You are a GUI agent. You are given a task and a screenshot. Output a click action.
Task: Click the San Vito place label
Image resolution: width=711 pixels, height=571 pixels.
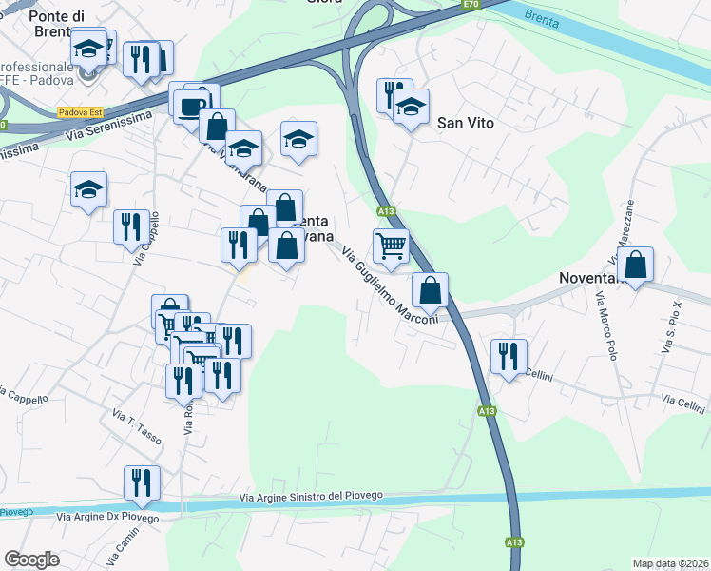466,123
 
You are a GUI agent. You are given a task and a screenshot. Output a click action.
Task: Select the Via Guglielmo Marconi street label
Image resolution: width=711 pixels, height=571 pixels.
389,285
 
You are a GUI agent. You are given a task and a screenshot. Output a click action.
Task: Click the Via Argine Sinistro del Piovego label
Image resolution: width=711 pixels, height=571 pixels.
311,496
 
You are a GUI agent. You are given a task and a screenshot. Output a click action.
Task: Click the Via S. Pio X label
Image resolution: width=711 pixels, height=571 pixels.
672,328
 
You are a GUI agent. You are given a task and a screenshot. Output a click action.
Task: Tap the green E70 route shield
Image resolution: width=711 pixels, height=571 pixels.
471,5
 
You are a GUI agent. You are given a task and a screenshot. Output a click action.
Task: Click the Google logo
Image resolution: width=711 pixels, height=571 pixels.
31,560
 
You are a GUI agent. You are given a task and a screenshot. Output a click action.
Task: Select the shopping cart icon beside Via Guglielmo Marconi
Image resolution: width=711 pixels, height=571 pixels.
391,246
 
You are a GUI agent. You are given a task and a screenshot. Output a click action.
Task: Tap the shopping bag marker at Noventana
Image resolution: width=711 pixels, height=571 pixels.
636,266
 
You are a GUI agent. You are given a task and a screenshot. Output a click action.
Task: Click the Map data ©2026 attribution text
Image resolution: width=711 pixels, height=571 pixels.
670,563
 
